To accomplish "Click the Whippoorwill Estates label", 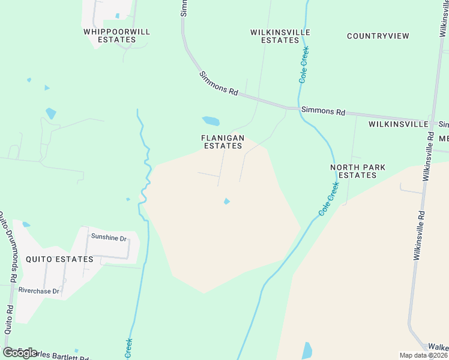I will (116, 35).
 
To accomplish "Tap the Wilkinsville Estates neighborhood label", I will (280, 36).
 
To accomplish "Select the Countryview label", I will (378, 36).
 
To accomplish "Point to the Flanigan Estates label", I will (222, 142).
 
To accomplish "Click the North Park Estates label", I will (357, 171).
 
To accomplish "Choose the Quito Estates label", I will (59, 259).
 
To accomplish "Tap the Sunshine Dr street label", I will (109, 238).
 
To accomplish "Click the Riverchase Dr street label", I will (38, 291).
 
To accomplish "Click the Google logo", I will (20, 352).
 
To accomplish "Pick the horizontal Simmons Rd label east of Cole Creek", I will (323, 111).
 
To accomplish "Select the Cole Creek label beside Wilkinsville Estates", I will (304, 64).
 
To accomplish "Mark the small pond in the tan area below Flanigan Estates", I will (226, 201).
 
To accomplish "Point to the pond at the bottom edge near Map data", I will (307, 350).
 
